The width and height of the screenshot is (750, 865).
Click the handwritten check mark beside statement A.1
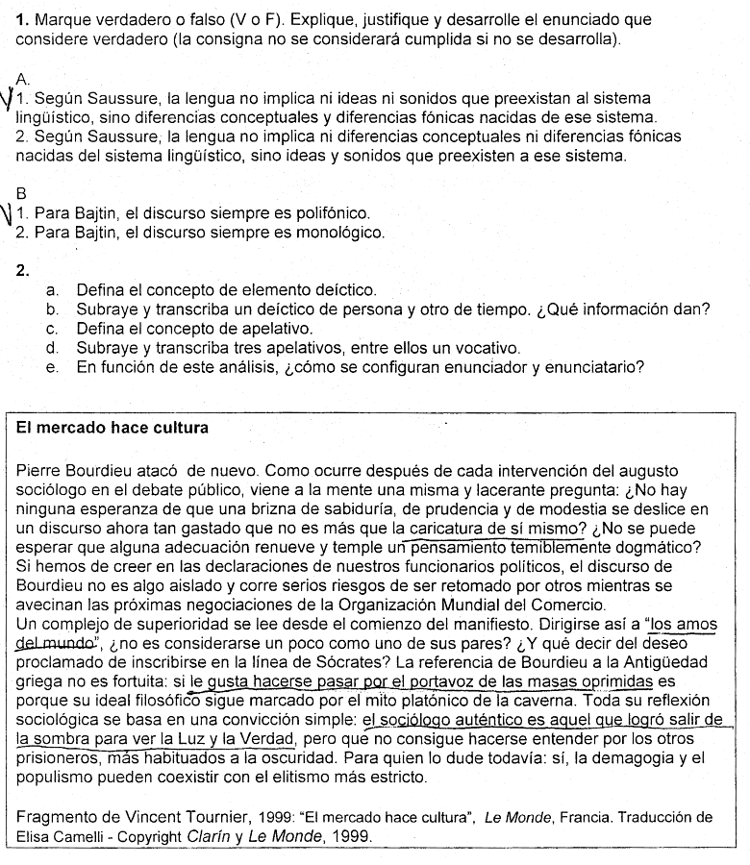tap(9, 99)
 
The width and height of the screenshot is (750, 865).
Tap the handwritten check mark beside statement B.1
tap(9, 212)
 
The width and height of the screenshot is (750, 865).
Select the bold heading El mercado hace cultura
tap(112, 427)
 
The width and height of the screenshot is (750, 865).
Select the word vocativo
tap(486, 347)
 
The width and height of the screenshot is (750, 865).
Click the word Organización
tap(387, 605)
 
